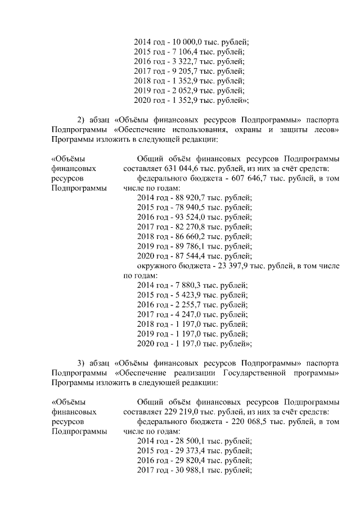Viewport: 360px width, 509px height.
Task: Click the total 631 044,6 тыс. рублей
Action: coord(184,168)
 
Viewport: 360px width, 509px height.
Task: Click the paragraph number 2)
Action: coord(81,120)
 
